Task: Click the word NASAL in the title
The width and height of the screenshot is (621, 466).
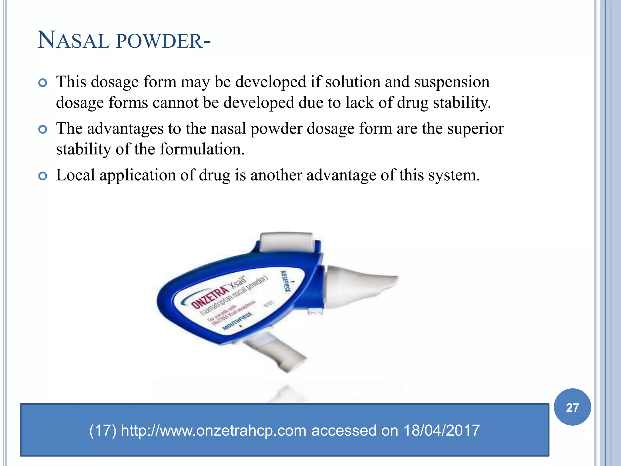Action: [73, 40]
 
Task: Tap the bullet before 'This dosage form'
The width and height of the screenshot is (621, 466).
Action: [43, 83]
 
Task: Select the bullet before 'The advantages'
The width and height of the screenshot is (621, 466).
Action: [43, 130]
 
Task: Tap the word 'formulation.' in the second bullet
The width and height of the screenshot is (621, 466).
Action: [202, 149]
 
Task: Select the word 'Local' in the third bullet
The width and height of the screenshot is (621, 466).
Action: [76, 175]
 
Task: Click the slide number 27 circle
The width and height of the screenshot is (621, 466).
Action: [572, 407]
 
